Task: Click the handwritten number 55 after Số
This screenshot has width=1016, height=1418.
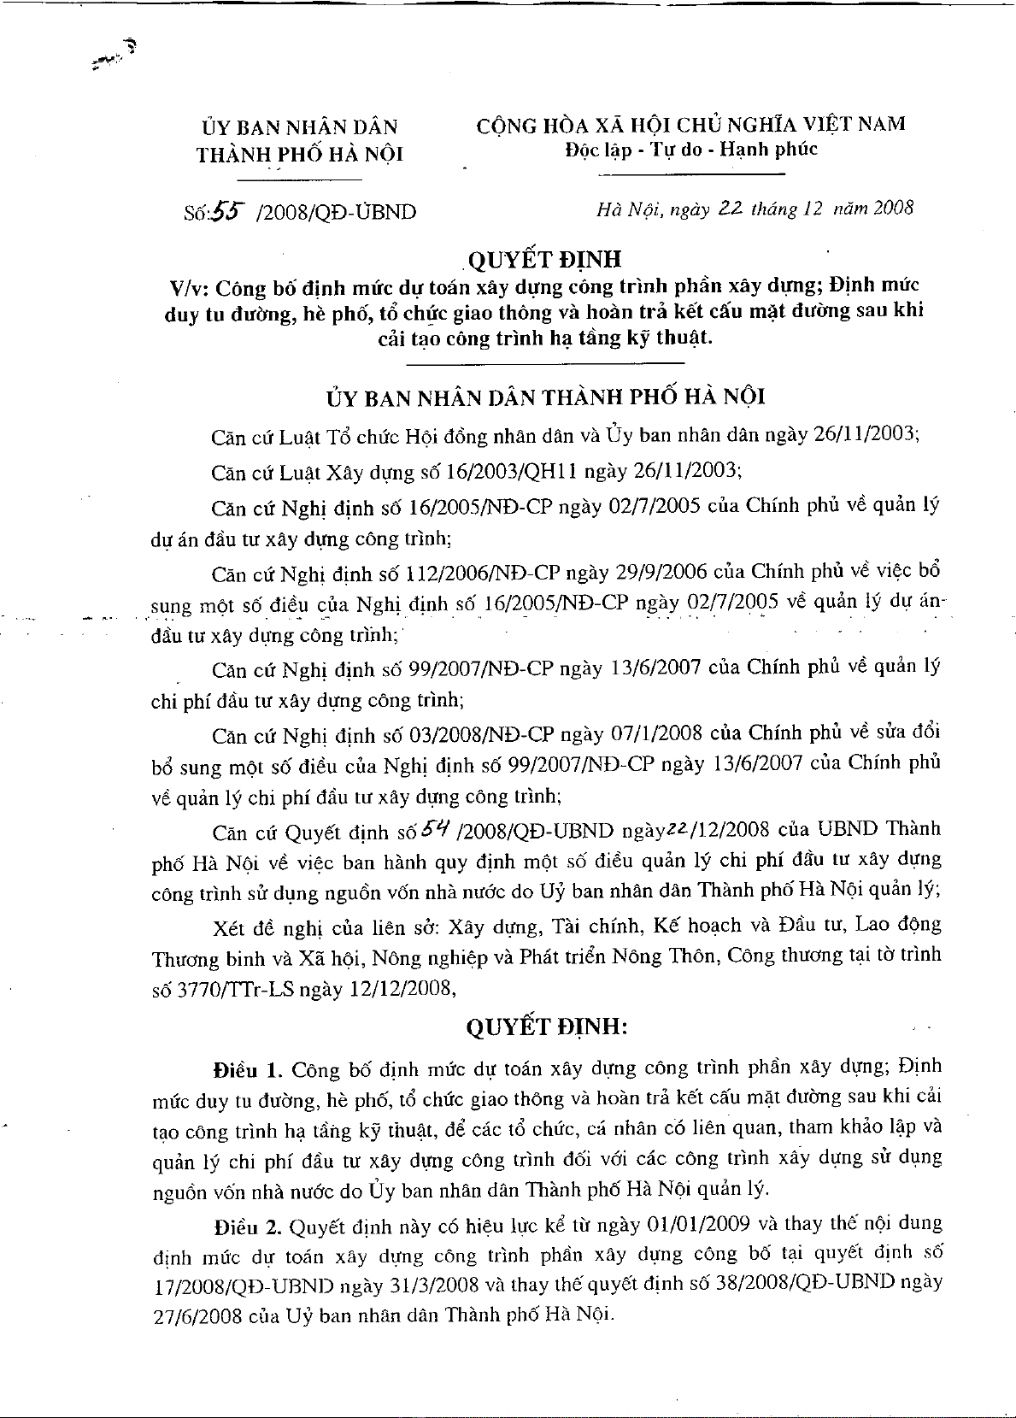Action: coord(226,210)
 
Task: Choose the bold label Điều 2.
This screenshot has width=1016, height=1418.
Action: coord(248,1227)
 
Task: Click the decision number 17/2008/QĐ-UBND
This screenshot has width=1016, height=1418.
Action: coord(243,1285)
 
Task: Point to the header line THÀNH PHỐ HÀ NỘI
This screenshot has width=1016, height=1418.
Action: coord(299,155)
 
